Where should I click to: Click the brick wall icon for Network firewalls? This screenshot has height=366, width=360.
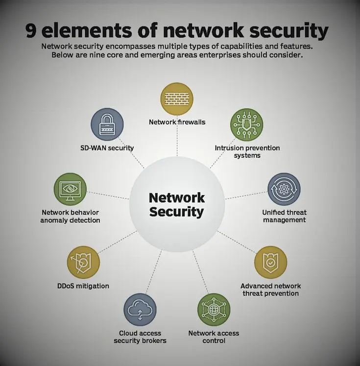coord(177,99)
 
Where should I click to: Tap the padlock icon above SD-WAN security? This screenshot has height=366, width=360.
coord(107,124)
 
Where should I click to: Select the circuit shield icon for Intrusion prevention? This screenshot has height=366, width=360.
coord(246,124)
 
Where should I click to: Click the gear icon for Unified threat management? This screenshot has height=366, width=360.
coord(284,189)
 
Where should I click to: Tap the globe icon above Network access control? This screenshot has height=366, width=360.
coord(214,310)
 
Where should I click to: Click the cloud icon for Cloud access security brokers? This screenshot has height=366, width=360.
coord(140,310)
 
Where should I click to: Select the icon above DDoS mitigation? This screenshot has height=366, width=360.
coord(83,263)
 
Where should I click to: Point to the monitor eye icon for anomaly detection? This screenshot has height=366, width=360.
coord(70,189)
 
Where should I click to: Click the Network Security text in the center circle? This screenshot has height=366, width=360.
coord(177,205)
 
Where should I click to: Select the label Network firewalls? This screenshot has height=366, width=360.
coord(177,122)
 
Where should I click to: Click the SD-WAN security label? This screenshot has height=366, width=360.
coord(107,147)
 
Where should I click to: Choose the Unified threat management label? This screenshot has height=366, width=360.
coord(284,216)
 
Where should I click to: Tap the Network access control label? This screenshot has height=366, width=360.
coord(214,337)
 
